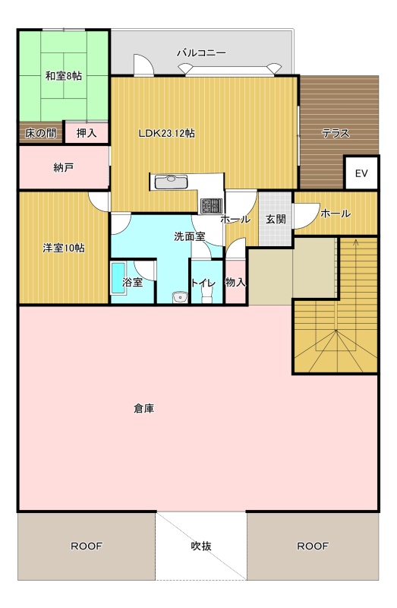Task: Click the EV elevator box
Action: point(361,173)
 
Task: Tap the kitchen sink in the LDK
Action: point(171,182)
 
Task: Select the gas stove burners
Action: point(211,205)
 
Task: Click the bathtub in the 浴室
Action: point(118,278)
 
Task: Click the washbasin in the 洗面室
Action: point(180,297)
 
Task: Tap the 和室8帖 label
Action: point(64,75)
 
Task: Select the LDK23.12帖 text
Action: point(167,134)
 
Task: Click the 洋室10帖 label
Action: point(64,248)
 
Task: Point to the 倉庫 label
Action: point(144,408)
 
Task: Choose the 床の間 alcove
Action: point(41,134)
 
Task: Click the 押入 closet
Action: point(87,133)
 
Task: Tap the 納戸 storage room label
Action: point(64,167)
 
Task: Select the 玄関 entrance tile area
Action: point(276,219)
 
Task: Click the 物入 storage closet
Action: point(235,282)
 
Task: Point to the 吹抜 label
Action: point(201,546)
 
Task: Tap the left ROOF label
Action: point(87,546)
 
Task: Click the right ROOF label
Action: point(313,546)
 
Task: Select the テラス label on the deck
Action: point(336,134)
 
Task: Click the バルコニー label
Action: point(201,52)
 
